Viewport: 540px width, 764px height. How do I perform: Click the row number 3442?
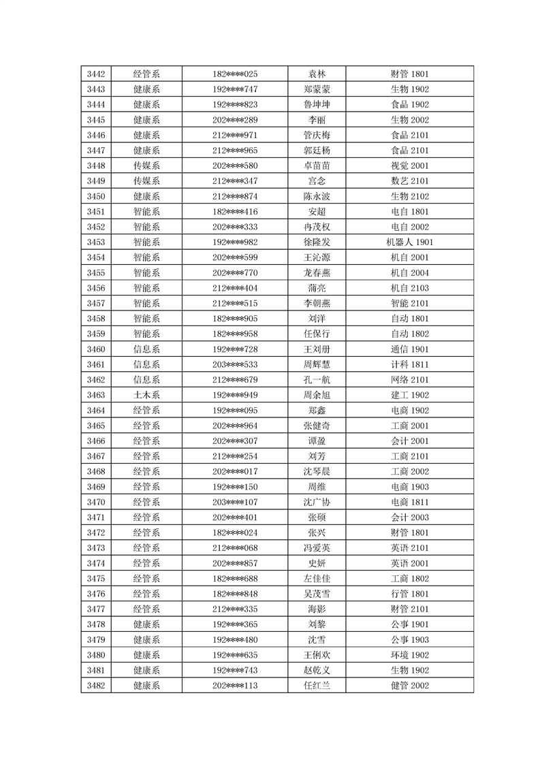96,74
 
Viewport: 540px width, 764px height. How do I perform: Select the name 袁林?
317,74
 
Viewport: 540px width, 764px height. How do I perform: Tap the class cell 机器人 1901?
409,242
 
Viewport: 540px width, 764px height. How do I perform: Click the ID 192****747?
235,89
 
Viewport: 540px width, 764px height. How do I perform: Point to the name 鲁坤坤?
317,105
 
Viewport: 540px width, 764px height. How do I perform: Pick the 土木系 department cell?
146,395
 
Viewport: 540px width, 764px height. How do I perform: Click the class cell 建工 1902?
409,395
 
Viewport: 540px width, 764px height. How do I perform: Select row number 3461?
96,364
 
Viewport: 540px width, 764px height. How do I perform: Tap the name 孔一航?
317,380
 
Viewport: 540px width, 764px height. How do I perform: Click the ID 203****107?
235,502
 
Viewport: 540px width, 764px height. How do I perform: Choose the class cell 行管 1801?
409,594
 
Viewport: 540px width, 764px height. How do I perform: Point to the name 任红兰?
317,686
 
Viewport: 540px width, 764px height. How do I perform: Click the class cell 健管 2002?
409,686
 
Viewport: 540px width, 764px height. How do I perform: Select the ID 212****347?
235,181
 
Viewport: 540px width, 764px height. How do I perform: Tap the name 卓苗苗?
317,165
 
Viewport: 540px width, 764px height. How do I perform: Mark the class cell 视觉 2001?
409,165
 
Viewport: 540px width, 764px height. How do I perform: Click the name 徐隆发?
317,242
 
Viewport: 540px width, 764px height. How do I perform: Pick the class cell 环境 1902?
409,655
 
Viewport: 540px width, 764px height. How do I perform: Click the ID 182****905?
235,319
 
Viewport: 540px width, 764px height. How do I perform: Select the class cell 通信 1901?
409,349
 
